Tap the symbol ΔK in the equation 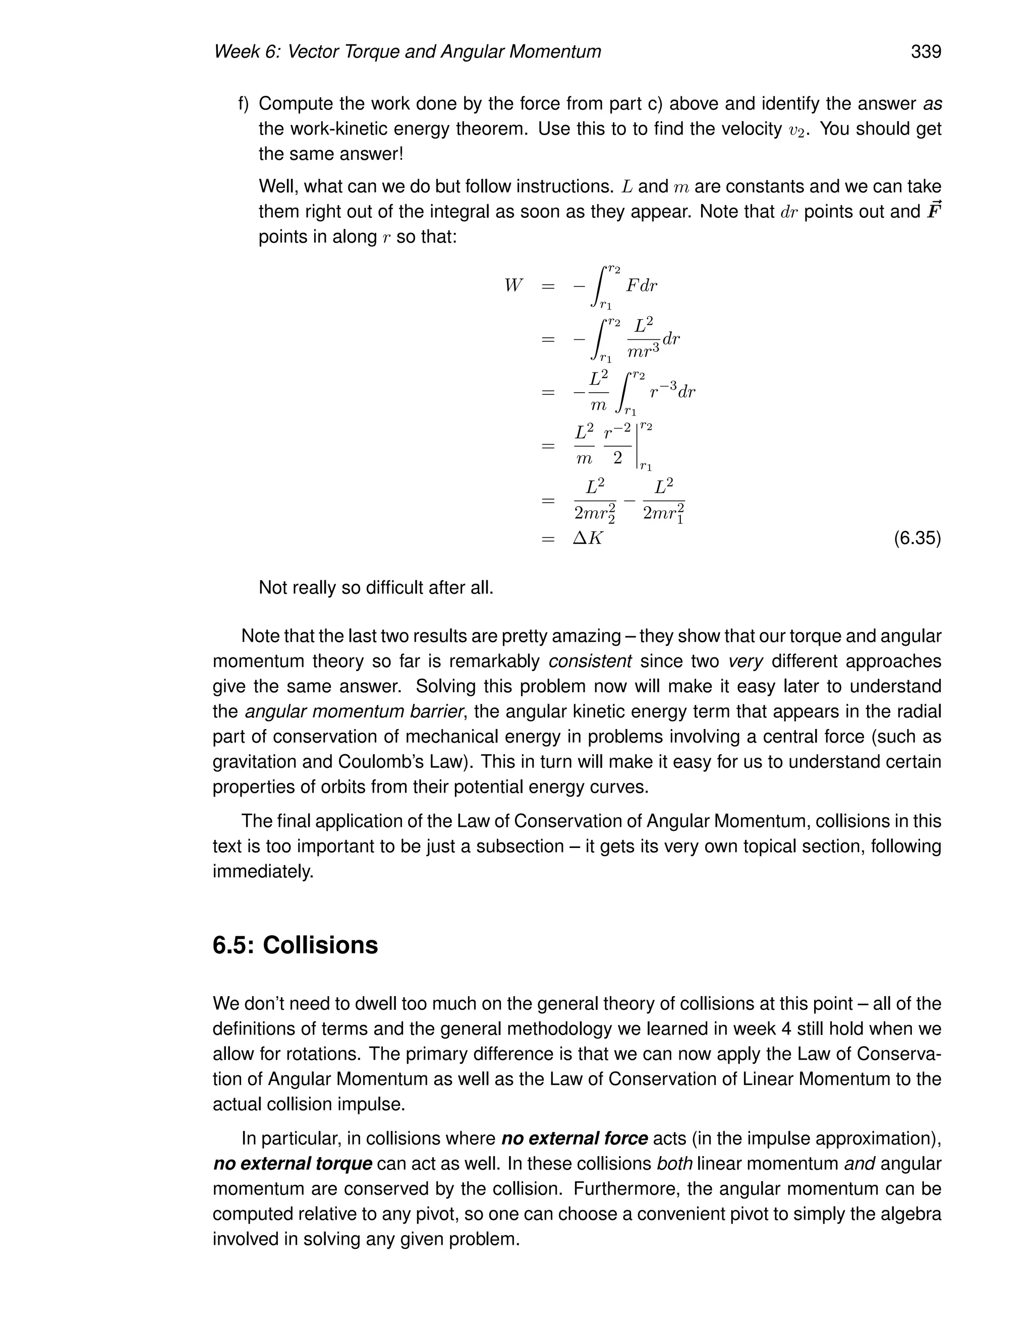(588, 538)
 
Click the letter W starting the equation (513, 286)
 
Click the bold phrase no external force (574, 1138)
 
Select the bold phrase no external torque (293, 1164)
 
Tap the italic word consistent (590, 661)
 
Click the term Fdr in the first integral (641, 286)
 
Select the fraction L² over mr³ (643, 338)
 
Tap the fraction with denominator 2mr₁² (663, 501)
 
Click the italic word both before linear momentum (674, 1164)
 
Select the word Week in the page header (236, 52)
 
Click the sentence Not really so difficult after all (376, 588)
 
